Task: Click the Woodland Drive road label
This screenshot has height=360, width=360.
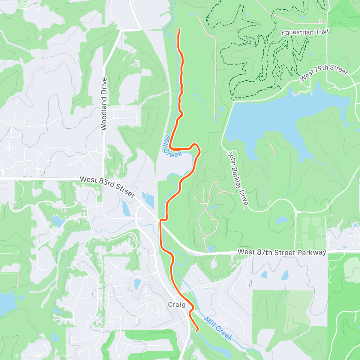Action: point(104,104)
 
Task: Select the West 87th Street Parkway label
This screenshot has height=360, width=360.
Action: point(282,252)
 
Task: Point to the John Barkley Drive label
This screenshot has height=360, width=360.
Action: point(238,178)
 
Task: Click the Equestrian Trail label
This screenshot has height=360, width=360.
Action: point(304,32)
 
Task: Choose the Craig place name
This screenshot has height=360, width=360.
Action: point(177,305)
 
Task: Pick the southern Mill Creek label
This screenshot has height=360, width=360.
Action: point(218,328)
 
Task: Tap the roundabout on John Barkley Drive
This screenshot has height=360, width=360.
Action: point(296,212)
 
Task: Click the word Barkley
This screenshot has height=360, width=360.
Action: point(238,179)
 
